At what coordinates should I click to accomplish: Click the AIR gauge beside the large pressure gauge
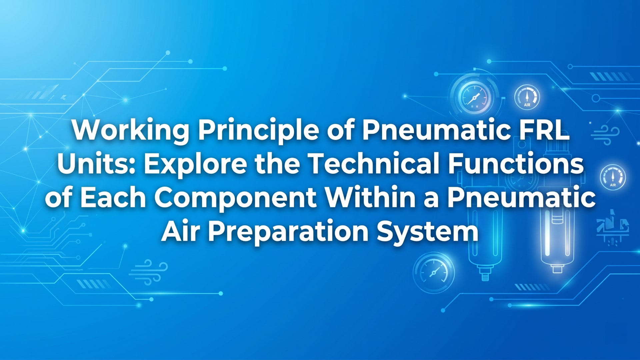(x=527, y=97)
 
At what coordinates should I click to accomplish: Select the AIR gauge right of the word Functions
(x=613, y=177)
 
